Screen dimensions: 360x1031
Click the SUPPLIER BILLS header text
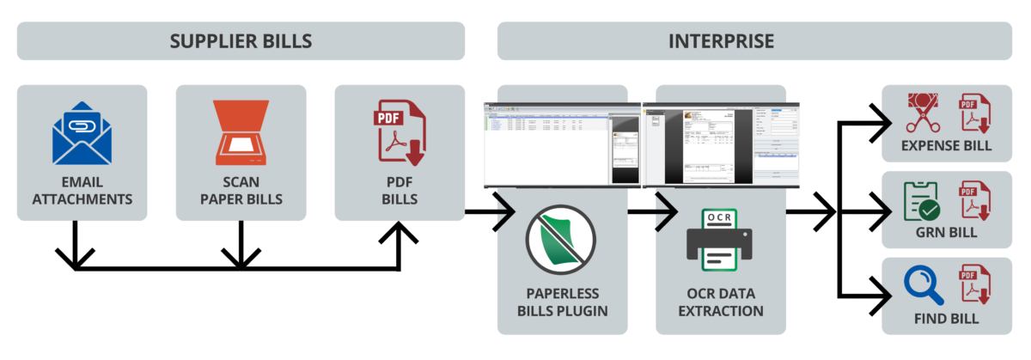241,41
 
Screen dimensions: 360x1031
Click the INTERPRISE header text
721,41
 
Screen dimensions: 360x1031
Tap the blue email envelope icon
82,134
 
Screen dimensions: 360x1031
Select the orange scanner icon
241,134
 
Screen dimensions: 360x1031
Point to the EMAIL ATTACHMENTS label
82,191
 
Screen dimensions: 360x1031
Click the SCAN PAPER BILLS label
241,191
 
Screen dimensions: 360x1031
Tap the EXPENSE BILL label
946,145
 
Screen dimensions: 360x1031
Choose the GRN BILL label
946,232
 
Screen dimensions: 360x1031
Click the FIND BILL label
946,319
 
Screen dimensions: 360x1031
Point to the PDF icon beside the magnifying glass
974,284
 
